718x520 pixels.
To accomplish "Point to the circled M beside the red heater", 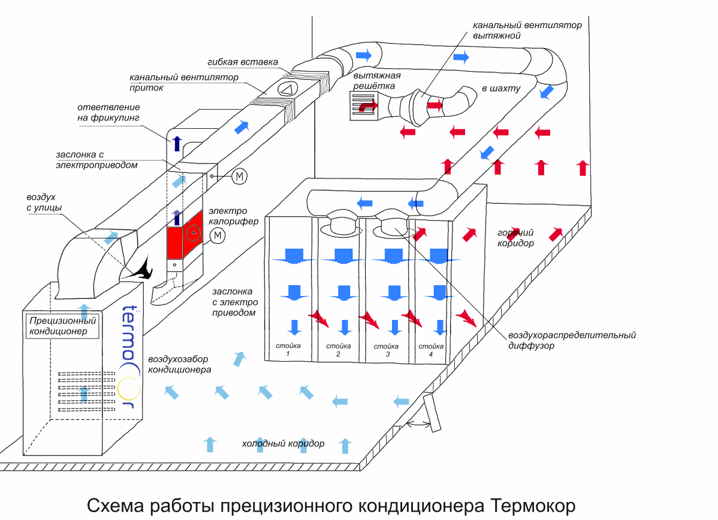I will tap(218, 236).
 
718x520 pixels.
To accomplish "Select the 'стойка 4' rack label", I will tap(430, 350).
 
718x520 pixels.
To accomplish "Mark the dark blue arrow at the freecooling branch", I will tap(176, 143).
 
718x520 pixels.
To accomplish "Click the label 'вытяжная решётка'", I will tap(377, 81).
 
